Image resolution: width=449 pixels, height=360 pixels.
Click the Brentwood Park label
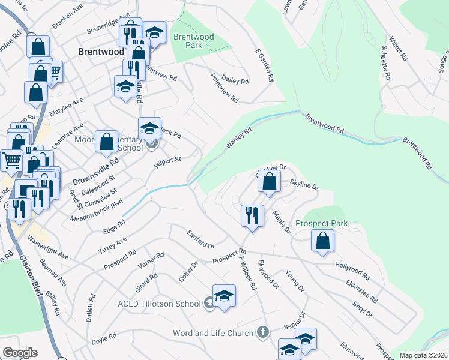[x=193, y=41]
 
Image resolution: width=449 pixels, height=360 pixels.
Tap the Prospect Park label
[x=321, y=223]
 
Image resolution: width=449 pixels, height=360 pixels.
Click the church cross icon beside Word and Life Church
[x=262, y=332]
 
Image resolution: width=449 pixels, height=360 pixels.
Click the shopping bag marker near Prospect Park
[x=323, y=241]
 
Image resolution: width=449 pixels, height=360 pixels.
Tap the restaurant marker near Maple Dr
[x=252, y=215]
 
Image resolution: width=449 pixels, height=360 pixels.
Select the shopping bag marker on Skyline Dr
[x=270, y=181]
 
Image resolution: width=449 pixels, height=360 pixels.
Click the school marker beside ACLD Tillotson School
[x=224, y=296]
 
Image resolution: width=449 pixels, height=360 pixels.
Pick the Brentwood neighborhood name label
[x=101, y=52]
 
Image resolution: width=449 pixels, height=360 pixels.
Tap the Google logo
[x=20, y=353]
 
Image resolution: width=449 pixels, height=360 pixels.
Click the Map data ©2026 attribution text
[x=423, y=355]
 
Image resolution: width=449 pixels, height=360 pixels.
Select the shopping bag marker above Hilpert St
[x=107, y=142]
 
